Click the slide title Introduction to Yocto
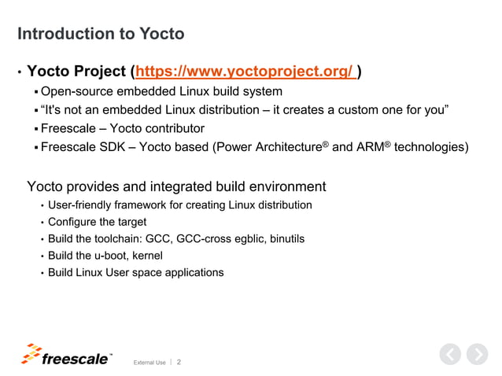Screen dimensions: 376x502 101,34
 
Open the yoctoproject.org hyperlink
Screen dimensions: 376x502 245,72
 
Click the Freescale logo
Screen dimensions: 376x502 66,356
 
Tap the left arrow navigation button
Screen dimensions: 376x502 449,355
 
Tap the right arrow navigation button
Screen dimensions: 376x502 477,355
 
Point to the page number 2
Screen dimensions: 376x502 179,362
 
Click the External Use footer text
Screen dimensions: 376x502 149,363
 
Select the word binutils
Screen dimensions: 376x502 284,238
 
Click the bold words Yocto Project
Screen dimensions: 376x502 76,72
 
